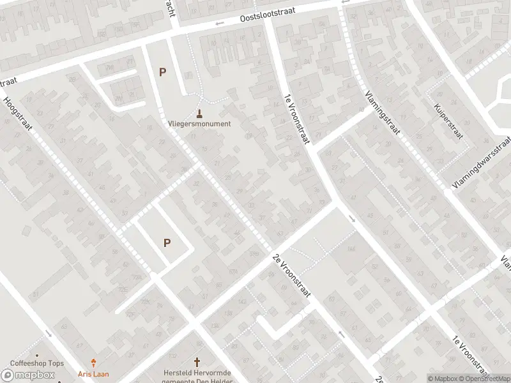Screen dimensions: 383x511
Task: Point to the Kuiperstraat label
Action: pos(448,121)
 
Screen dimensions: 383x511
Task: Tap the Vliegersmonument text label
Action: pos(199,124)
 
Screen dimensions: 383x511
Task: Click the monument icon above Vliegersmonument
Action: pos(200,114)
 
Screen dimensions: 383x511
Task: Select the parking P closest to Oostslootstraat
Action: pos(162,72)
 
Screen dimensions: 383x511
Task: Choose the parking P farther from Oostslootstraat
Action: pos(167,243)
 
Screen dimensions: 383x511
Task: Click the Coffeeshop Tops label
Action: pos(37,364)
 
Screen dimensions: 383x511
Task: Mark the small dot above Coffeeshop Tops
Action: pos(37,356)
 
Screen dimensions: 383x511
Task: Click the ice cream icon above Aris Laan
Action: pos(95,362)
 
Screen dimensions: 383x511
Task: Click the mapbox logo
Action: pos(28,375)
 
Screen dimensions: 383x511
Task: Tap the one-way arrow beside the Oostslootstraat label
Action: pos(220,24)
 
